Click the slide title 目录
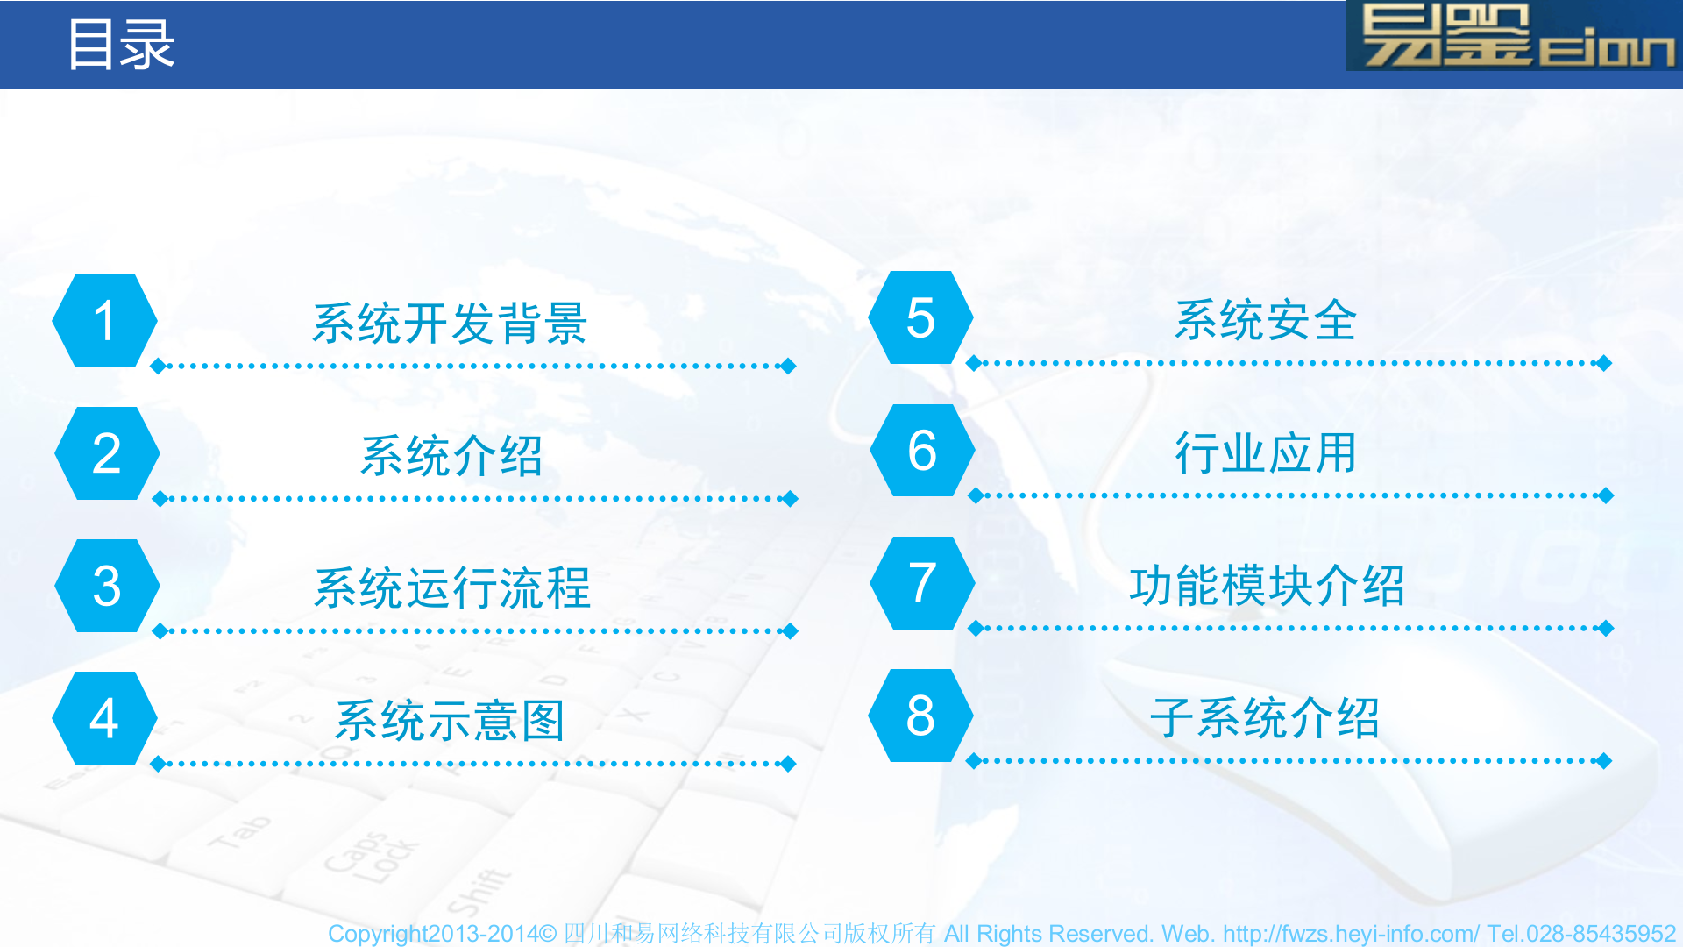click(x=121, y=45)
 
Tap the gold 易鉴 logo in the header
click(x=1515, y=36)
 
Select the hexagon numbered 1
click(x=105, y=321)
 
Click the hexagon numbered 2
click(x=107, y=453)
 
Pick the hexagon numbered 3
click(x=107, y=586)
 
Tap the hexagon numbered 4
click(x=105, y=718)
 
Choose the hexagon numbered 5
click(x=920, y=317)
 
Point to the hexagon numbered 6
click(x=922, y=451)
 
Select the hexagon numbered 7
click(x=922, y=583)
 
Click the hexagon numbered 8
click(x=920, y=716)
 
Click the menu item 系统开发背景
click(x=450, y=324)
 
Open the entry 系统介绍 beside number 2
click(x=451, y=456)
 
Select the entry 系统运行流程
click(x=452, y=588)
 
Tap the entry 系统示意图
click(x=450, y=721)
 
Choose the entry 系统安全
click(x=1266, y=320)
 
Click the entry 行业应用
click(x=1266, y=453)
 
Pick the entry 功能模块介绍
click(x=1267, y=586)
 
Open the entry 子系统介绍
click(x=1265, y=718)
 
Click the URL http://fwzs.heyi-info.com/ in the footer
click(x=1351, y=934)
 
